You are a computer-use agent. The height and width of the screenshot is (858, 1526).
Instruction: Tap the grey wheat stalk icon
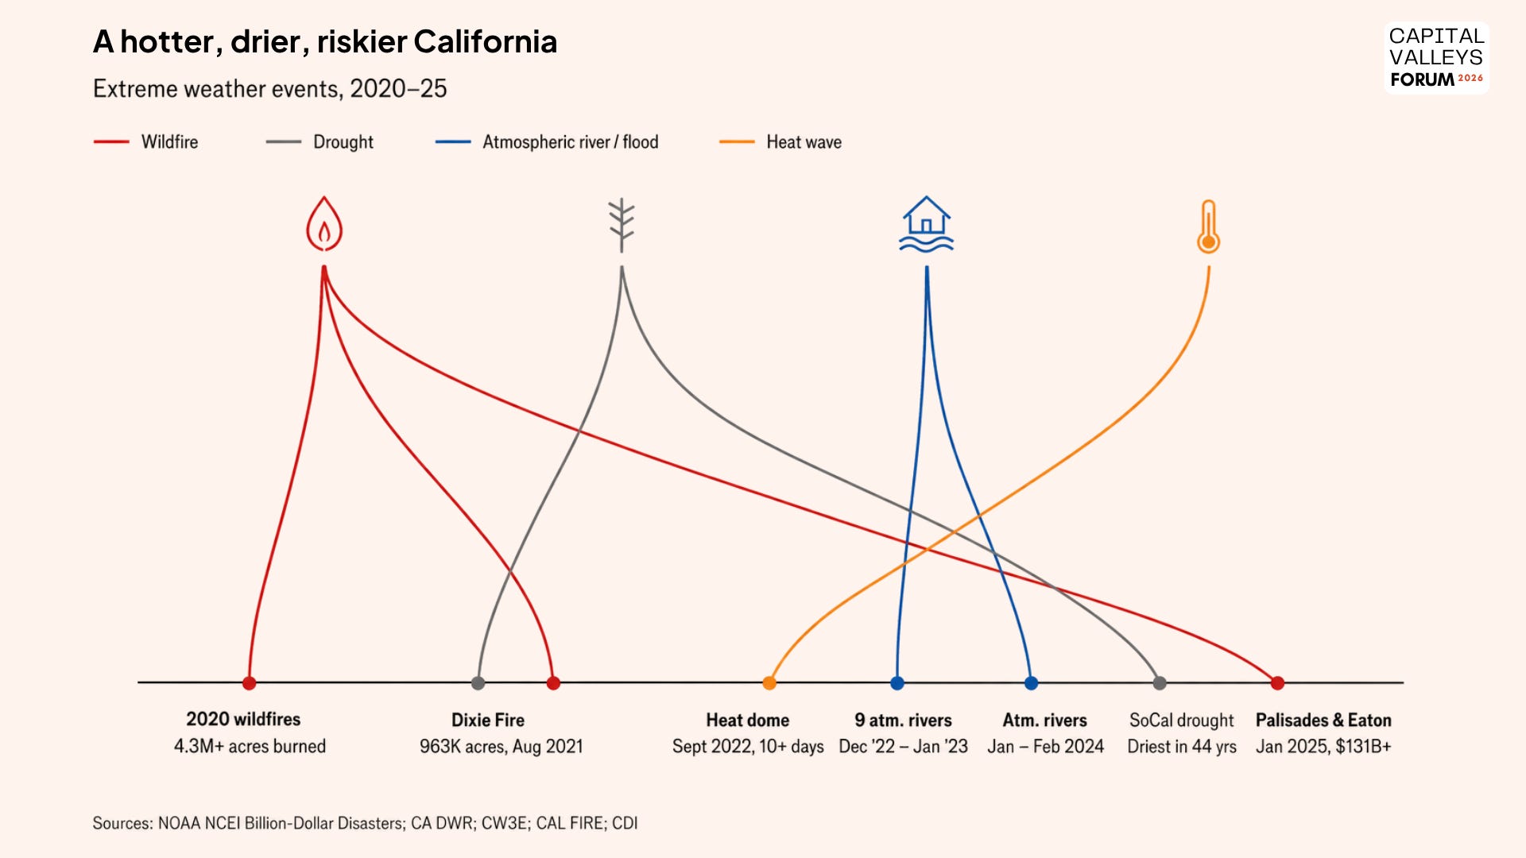[622, 225]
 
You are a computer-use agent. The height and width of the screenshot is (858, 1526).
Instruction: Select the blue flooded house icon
[926, 224]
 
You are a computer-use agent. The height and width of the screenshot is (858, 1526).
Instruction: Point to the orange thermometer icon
[1208, 226]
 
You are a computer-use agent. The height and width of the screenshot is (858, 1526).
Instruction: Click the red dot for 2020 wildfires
[249, 682]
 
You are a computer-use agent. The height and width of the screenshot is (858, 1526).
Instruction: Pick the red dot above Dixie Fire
[553, 682]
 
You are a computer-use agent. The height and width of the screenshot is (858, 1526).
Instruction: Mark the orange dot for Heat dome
[769, 682]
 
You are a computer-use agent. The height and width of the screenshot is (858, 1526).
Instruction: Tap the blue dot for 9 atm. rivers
[897, 682]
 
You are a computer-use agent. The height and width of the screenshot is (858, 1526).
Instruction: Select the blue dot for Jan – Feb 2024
[1031, 682]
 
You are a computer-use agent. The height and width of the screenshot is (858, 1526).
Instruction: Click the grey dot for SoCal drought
[1160, 682]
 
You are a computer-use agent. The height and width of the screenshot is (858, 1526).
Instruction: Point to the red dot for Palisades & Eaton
[1277, 682]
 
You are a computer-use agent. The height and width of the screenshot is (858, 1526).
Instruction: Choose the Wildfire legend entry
[146, 141]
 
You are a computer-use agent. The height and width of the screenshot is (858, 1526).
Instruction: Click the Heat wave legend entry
[780, 141]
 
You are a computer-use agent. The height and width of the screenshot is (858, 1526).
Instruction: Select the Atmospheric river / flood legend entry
[547, 141]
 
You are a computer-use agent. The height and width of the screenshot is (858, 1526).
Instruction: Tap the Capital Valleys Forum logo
[1436, 57]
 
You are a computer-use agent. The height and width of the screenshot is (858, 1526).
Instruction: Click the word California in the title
[485, 41]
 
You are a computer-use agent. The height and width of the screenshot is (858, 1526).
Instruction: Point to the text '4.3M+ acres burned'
[250, 746]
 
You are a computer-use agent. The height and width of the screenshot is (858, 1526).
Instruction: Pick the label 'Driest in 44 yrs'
[1182, 747]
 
